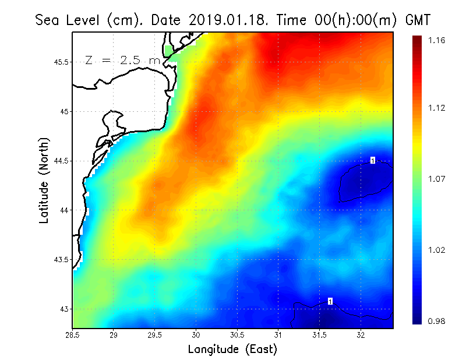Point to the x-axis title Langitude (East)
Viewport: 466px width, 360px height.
click(232, 350)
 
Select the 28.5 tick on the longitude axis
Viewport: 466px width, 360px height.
click(73, 335)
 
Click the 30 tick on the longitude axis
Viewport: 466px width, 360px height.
click(196, 335)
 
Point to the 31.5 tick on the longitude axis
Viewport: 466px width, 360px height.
click(319, 335)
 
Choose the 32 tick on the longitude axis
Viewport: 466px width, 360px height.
click(361, 335)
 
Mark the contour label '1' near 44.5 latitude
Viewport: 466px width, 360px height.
click(373, 160)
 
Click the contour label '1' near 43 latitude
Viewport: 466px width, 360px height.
click(330, 301)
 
